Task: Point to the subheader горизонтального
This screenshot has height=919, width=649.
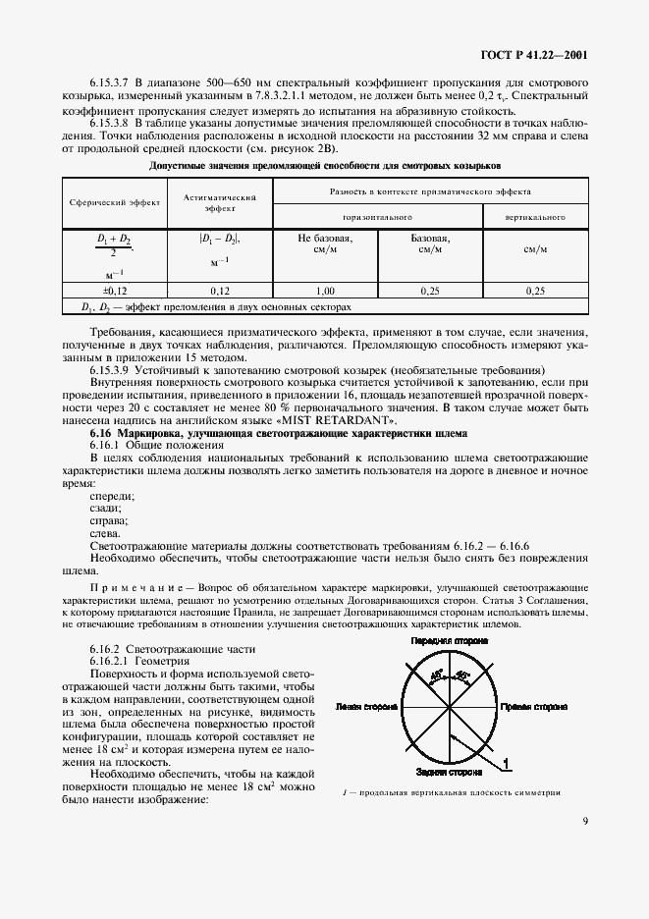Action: (x=377, y=216)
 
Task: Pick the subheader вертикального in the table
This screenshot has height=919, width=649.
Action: (x=534, y=216)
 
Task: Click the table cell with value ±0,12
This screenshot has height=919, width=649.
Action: (x=115, y=291)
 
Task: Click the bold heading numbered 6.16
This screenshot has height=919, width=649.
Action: (x=277, y=434)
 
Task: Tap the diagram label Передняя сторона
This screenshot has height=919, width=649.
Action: (x=450, y=642)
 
